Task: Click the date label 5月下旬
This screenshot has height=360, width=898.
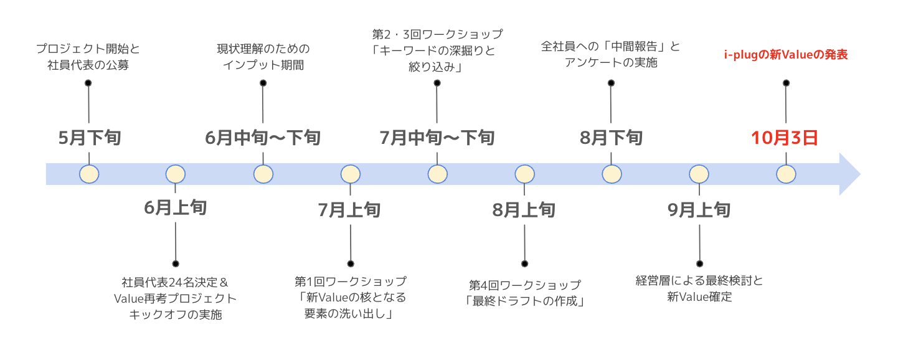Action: click(89, 138)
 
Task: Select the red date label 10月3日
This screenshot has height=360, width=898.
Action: click(784, 138)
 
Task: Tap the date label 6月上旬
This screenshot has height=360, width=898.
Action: click(175, 208)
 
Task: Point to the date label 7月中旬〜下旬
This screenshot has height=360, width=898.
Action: click(437, 138)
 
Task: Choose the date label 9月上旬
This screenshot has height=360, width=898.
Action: click(699, 210)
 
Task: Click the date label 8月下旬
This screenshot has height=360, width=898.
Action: click(611, 138)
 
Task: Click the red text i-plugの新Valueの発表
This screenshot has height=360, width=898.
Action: click(785, 55)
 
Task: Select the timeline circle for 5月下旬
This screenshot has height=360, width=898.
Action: click(89, 174)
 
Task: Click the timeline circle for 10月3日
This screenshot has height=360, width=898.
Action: click(786, 174)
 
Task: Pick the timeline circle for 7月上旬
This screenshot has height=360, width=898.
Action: click(350, 174)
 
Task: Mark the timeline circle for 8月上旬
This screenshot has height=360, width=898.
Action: click(524, 174)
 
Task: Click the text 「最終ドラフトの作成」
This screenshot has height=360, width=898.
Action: click(524, 301)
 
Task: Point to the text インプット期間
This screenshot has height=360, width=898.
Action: click(263, 64)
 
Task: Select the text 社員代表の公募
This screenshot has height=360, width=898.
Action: click(88, 64)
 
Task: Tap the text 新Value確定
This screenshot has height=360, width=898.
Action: click(699, 297)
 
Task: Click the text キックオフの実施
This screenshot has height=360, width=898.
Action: click(175, 315)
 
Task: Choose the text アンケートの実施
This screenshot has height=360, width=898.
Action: click(610, 63)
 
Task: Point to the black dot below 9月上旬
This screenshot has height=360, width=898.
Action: click(699, 263)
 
